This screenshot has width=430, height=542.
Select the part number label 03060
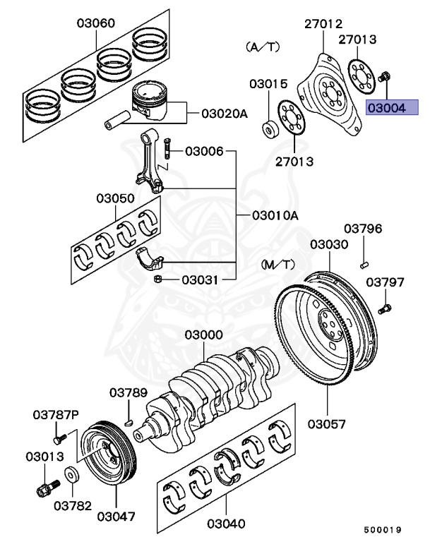[95, 23]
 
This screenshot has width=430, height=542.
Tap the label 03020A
[225, 113]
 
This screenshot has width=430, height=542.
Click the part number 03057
[326, 424]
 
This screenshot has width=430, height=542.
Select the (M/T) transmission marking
[277, 264]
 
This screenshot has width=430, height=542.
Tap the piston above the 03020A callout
[150, 100]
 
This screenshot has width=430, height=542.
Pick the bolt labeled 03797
[385, 308]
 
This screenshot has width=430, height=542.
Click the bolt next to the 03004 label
[386, 76]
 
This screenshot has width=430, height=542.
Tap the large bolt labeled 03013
[45, 486]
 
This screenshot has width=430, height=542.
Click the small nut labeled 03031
[159, 280]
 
